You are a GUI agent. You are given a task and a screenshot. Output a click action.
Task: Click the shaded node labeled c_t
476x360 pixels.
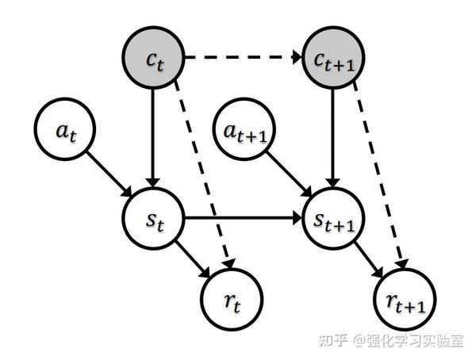pyautogui.click(x=153, y=57)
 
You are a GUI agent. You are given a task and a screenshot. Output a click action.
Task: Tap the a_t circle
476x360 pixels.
pyautogui.click(x=64, y=130)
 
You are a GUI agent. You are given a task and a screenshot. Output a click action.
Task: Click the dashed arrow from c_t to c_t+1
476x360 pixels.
pyautogui.click(x=243, y=57)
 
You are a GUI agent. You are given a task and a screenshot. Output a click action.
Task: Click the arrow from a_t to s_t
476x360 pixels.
pyautogui.click(x=109, y=173)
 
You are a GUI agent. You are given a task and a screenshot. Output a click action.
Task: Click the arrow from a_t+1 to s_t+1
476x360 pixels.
pyautogui.click(x=290, y=173)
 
